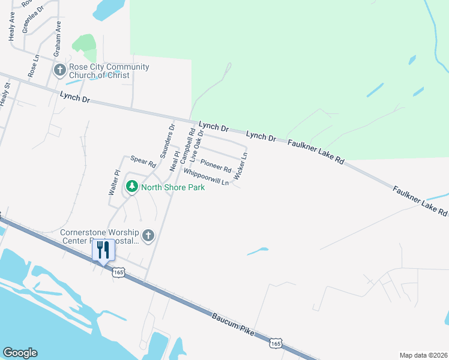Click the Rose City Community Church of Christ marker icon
[x=59, y=71]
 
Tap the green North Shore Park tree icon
[x=131, y=187]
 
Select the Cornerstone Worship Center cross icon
[x=148, y=236]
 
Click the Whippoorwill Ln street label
[x=206, y=178]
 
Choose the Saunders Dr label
[x=167, y=141]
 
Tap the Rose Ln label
[x=32, y=66]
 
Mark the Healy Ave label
[x=11, y=28]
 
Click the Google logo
[x=20, y=353]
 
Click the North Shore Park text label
[x=173, y=187]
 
